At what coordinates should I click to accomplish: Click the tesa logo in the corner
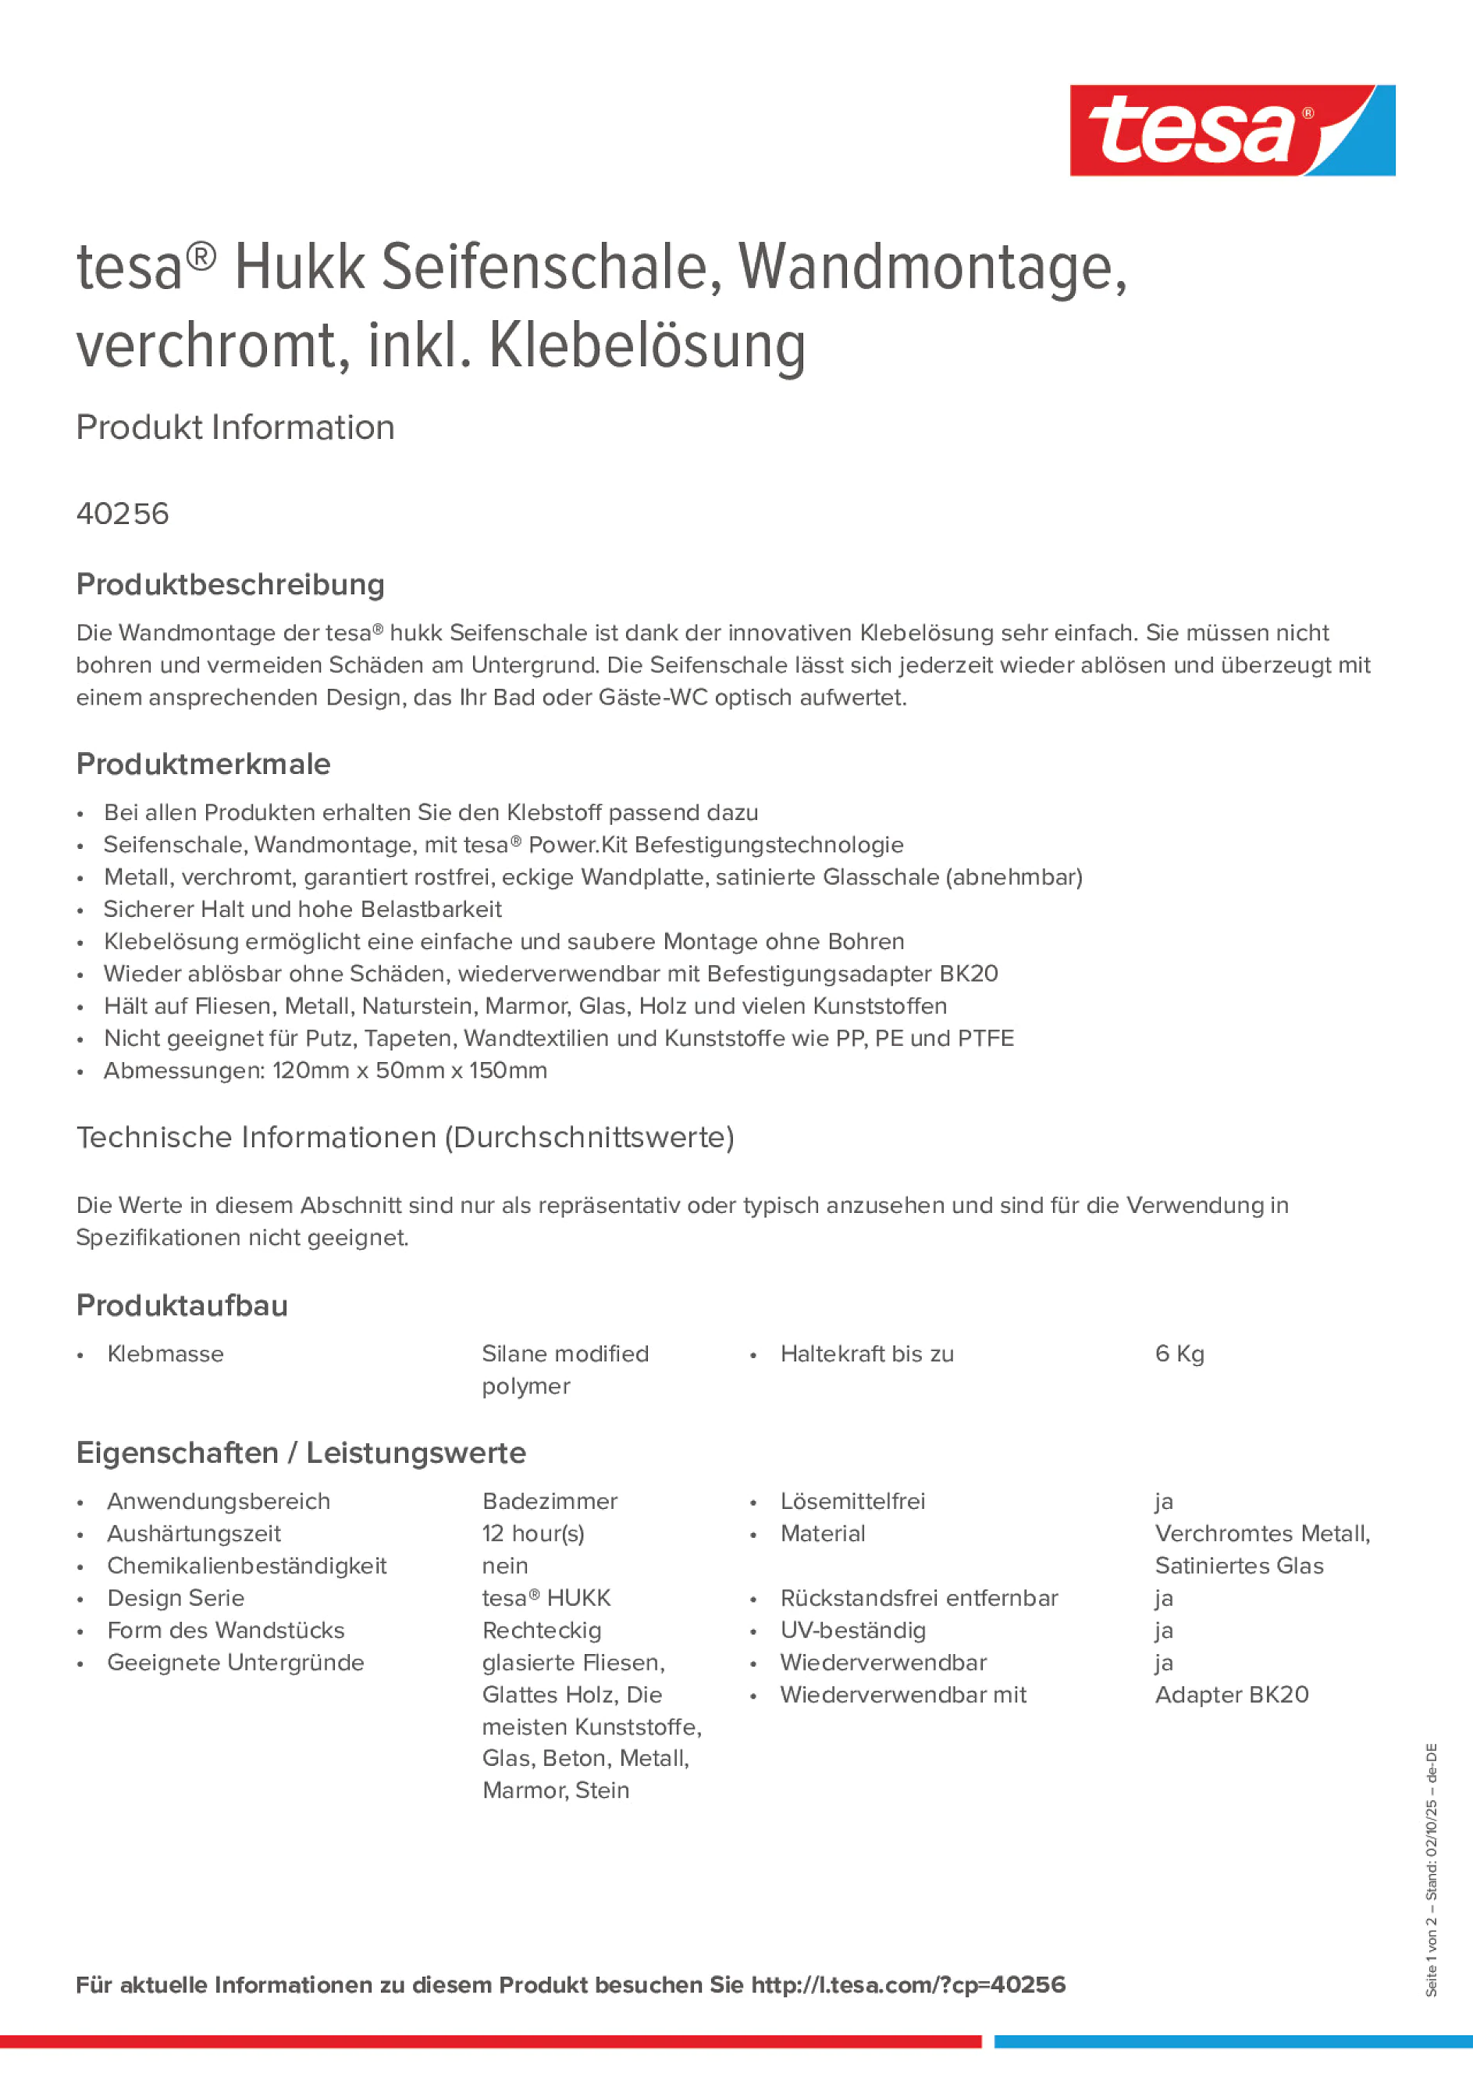tap(1232, 131)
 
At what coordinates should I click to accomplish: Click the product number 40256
tap(123, 514)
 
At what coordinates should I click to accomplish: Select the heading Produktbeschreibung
tap(229, 585)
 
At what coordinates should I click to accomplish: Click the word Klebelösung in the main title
tap(646, 346)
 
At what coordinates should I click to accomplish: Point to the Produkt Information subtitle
tap(235, 428)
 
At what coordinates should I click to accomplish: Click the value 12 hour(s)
tap(533, 1534)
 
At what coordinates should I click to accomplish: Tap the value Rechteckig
tap(541, 1630)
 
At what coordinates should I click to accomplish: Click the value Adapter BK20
tap(1232, 1695)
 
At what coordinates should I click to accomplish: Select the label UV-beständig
tap(852, 1630)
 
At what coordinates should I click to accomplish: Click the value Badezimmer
tap(550, 1501)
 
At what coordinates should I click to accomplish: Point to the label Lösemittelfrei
tap(852, 1501)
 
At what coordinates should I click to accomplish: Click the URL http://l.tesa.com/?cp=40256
tap(907, 1984)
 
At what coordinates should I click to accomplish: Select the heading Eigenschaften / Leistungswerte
tap(301, 1453)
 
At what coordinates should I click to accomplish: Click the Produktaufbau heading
tap(182, 1306)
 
